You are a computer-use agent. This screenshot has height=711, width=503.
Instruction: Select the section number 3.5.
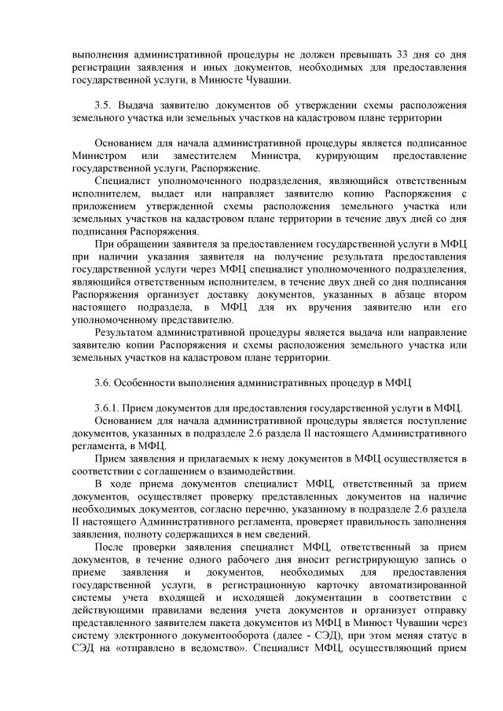pos(103,105)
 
